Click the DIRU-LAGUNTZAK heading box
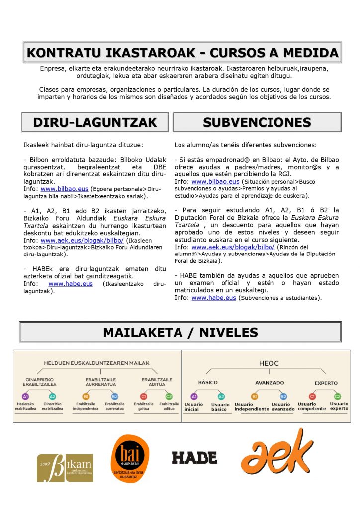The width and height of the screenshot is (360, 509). click(95, 122)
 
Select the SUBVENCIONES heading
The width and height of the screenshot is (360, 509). click(257, 122)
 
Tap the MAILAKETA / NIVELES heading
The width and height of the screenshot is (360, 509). click(180, 332)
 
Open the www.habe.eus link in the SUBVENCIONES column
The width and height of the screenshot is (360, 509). click(213, 298)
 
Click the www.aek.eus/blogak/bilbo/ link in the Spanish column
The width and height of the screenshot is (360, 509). click(233, 247)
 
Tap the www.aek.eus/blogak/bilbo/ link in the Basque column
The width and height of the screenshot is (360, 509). click(82, 240)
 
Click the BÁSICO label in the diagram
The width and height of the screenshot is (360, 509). click(208, 383)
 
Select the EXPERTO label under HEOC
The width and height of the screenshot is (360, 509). click(326, 383)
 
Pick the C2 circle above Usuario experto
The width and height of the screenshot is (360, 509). click(338, 396)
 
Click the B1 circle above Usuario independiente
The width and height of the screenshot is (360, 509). click(254, 396)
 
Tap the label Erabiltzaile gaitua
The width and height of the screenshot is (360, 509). click(143, 406)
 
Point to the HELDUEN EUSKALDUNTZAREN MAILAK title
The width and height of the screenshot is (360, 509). click(96, 363)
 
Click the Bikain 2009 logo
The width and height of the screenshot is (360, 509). click(65, 467)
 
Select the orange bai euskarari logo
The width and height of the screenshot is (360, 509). click(130, 460)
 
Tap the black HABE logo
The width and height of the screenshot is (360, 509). click(194, 457)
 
